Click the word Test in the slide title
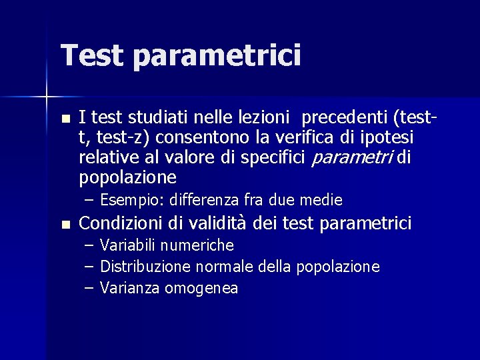tap(91, 55)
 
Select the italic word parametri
tap(354, 158)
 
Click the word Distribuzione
tap(145, 267)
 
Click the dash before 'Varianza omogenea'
tap(89, 288)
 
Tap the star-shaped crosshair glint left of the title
tap(46, 97)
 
